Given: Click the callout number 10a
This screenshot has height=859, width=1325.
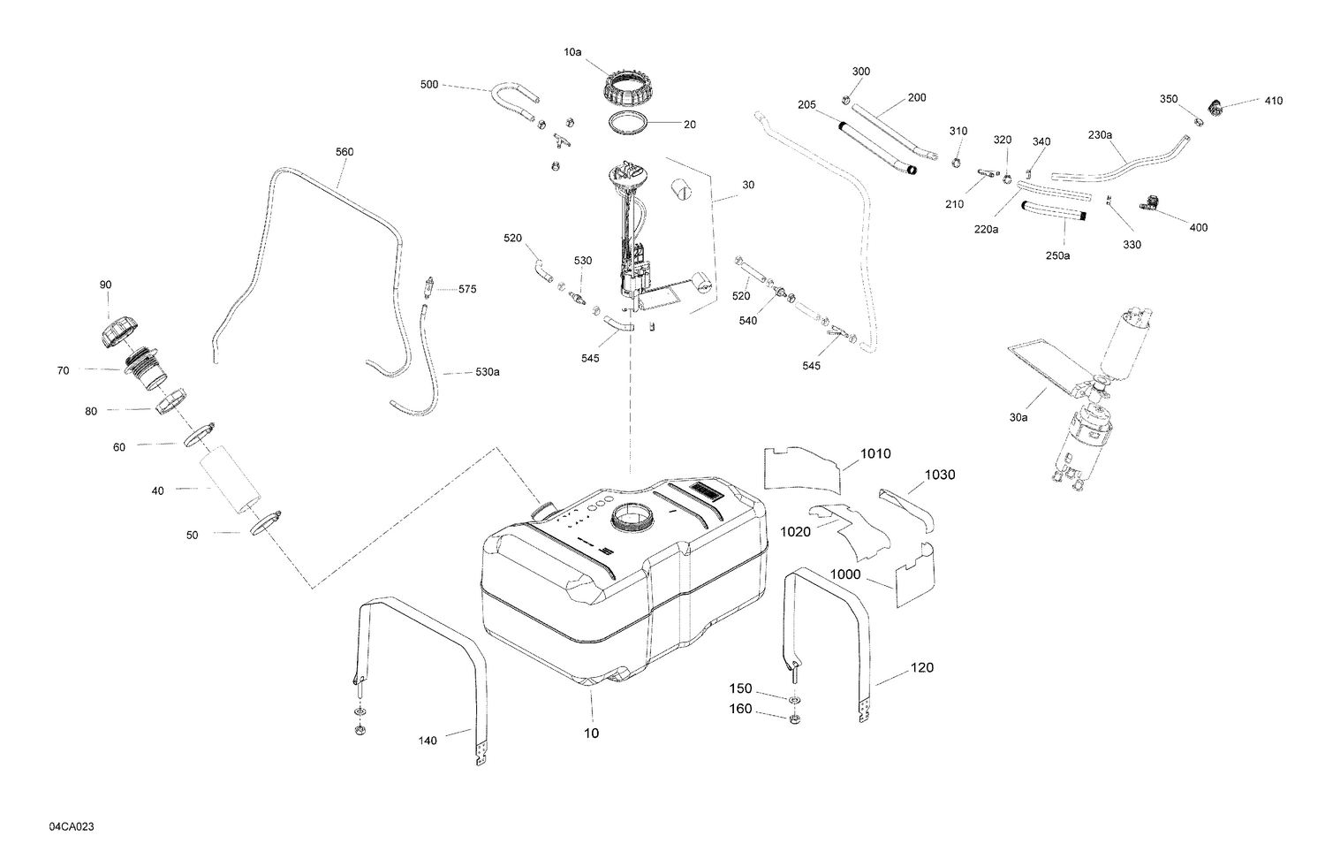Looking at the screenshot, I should click(x=572, y=52).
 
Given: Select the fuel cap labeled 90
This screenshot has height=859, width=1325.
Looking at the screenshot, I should click(x=114, y=334).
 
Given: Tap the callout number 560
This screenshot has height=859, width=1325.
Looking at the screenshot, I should click(x=344, y=152).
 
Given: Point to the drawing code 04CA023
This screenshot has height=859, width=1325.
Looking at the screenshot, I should click(x=72, y=826).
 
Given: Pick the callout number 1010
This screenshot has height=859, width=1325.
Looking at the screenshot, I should click(x=875, y=454).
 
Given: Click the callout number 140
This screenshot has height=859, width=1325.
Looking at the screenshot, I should click(x=427, y=741).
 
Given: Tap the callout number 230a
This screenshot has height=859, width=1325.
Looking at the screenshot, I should click(x=1100, y=135).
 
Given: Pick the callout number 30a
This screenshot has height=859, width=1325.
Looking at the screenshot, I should click(x=1018, y=416).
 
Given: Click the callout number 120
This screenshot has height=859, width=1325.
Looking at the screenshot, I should click(x=921, y=668).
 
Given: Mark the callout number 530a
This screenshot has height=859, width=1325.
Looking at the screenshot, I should click(x=487, y=372).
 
